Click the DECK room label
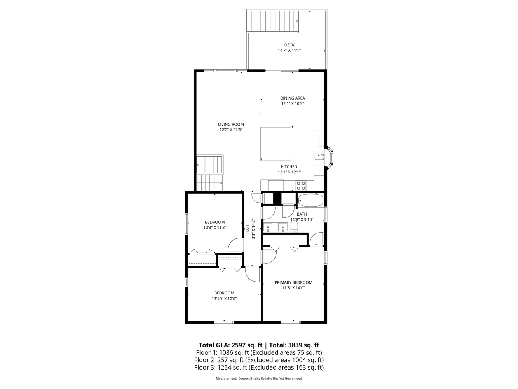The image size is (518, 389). coord(290,45)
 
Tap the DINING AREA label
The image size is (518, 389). coord(292,98)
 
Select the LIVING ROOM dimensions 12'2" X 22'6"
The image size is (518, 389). coord(231,130)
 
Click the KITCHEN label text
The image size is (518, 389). coord(289,166)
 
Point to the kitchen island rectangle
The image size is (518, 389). coord(276,144)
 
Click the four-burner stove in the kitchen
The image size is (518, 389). coord(301,186)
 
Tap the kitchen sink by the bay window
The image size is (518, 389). coord(319,155)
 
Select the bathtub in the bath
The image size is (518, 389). coord(310,200)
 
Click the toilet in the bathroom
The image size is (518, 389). coord(294,226)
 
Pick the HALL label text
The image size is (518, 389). coord(248,229)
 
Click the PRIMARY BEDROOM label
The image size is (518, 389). coord(293,282)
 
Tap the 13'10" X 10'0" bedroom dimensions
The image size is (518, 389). coord(224,298)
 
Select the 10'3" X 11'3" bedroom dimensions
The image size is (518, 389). coord(215,228)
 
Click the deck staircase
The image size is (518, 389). coord(273,21)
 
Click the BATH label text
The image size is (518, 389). coord(302,214)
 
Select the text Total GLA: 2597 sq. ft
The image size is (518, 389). coord(230,345)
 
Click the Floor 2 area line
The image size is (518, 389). coord(259,360)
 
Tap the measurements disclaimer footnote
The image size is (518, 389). coord(259,378)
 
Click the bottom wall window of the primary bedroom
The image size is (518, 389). coord(291,322)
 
